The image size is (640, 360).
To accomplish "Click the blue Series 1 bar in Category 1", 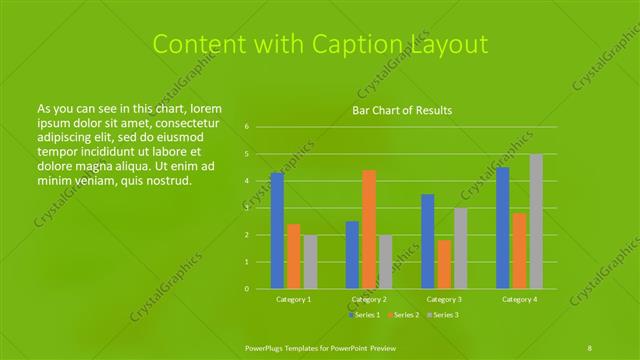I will (x=277, y=231).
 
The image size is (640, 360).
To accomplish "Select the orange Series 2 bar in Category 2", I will (x=369, y=229).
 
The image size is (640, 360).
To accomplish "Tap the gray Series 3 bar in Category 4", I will (x=536, y=221).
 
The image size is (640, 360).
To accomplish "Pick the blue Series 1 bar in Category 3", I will (x=428, y=241).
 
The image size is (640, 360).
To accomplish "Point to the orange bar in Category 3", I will (x=444, y=264).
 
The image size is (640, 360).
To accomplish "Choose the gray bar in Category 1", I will (x=310, y=262).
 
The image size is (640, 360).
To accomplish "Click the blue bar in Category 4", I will (x=503, y=228).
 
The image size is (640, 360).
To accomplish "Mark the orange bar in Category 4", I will (x=519, y=251).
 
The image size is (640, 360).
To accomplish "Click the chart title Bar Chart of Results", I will (x=402, y=110).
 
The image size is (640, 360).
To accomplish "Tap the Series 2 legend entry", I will (x=403, y=315).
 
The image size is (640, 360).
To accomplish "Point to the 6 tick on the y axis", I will (x=246, y=127).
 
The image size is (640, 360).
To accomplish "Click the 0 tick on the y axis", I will (x=246, y=289).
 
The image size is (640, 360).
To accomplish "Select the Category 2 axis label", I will (x=369, y=299).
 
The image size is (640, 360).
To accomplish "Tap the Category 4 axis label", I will (x=519, y=299).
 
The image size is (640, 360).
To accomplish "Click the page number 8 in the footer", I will (x=590, y=347).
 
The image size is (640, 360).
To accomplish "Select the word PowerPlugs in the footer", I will (x=268, y=347).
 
